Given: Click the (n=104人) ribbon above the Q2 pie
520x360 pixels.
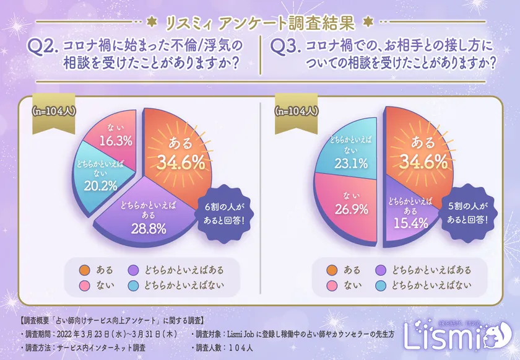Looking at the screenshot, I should tap(53, 112).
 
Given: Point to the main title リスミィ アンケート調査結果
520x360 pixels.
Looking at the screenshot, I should tap(260, 23).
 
